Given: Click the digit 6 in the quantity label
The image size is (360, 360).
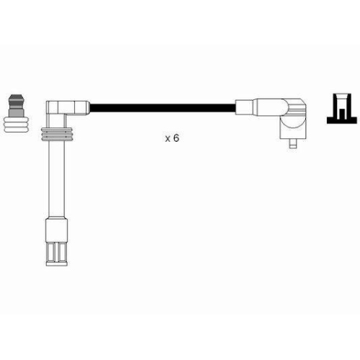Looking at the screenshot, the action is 176,138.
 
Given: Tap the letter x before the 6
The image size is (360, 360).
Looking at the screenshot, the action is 168,139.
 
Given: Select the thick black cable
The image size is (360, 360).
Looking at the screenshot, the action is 162,108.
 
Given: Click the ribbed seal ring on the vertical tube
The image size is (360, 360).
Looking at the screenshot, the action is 57,134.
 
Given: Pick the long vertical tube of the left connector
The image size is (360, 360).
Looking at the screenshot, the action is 57,179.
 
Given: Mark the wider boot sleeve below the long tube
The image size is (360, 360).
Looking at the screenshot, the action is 57,230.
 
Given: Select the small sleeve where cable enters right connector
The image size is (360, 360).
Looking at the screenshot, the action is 244,107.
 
